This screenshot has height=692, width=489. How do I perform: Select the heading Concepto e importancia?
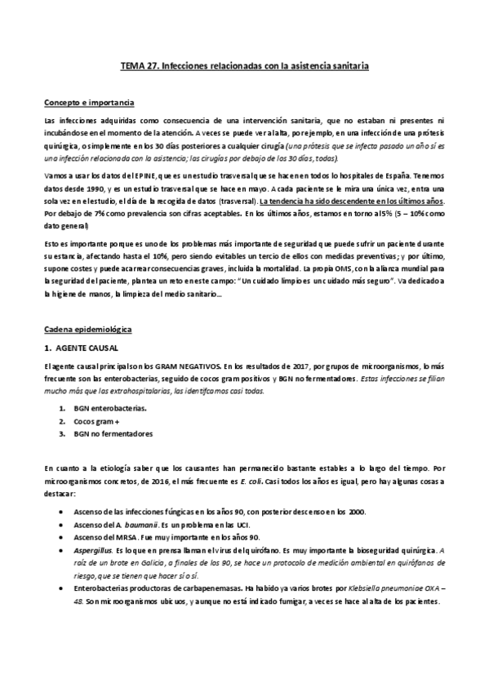click(x=89, y=103)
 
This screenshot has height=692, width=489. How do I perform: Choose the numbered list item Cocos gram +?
click(x=96, y=421)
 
